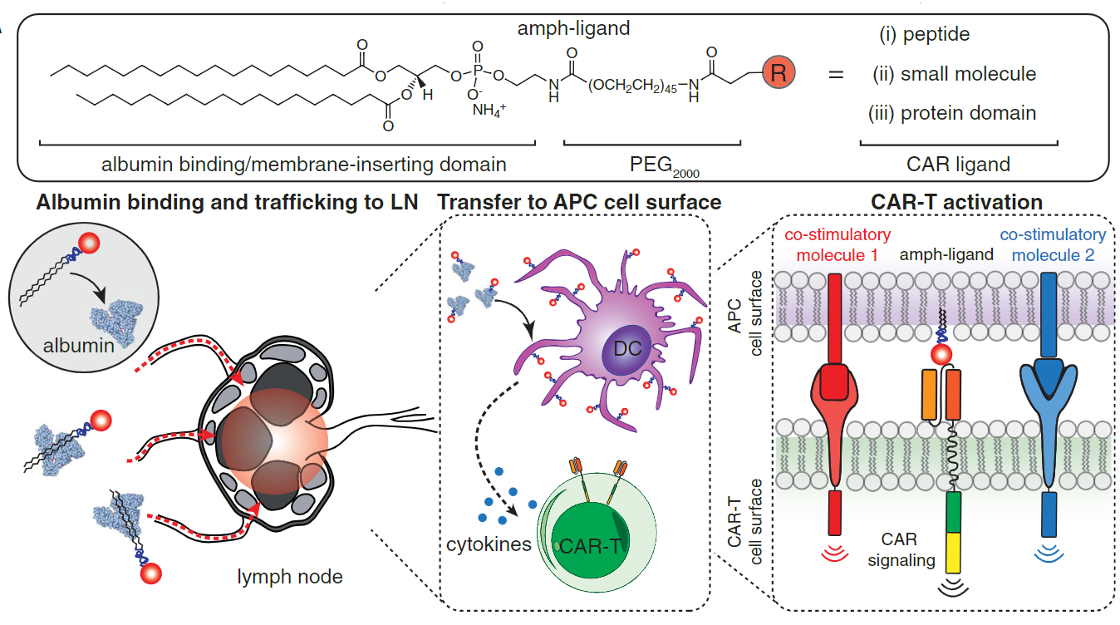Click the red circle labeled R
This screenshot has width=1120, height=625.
point(778,73)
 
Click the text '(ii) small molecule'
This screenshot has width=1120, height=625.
point(954,74)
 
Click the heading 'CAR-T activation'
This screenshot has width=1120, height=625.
point(944,202)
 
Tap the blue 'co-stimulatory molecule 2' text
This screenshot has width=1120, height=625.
point(1054,244)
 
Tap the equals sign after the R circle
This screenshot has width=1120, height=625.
point(836,75)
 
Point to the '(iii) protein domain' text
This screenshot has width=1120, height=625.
point(951,113)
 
